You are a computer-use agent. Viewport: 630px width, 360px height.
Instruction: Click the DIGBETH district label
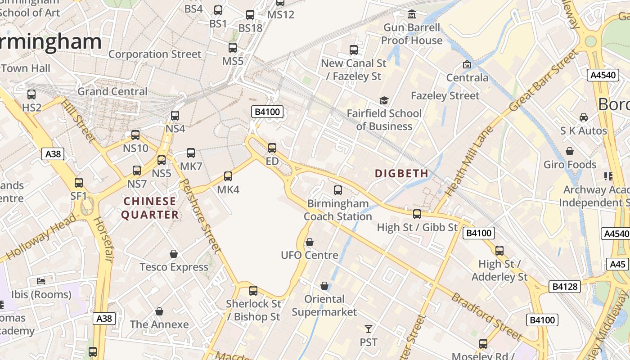[401, 173]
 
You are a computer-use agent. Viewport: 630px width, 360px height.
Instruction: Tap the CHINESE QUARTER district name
[150, 208]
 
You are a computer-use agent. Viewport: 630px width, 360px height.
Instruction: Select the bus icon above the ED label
[272, 148]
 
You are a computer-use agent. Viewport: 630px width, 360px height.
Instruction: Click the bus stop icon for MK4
[228, 176]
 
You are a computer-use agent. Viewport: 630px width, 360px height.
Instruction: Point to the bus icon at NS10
[135, 135]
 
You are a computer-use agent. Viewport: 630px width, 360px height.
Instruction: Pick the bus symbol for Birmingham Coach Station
[337, 190]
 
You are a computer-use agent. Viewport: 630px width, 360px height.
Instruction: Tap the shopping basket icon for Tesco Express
[174, 254]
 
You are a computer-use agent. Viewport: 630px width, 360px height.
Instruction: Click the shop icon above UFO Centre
[309, 243]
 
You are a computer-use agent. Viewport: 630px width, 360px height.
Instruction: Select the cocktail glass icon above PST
[369, 329]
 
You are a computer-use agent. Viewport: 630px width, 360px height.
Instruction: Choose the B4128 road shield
[565, 287]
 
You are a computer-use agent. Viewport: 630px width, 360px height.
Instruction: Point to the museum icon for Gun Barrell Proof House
[411, 15]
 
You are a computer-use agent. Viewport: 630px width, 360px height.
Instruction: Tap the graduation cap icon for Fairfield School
[384, 100]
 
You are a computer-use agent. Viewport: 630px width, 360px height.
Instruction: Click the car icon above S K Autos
[583, 117]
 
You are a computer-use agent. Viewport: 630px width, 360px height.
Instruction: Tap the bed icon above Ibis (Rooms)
[41, 281]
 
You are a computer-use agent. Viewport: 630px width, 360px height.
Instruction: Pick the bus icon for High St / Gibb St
[417, 214]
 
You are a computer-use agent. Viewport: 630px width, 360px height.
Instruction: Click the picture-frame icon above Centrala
[467, 65]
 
